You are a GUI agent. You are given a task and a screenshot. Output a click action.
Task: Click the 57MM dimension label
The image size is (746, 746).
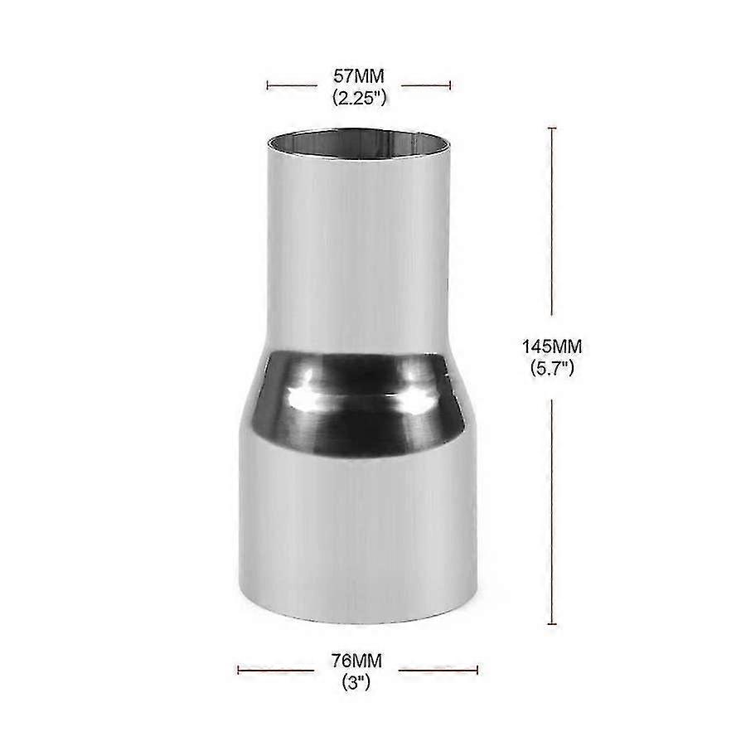click(359, 77)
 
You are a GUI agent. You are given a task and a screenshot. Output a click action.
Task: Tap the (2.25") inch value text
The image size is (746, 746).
click(359, 97)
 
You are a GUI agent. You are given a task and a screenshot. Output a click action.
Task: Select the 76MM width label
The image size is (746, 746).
click(358, 661)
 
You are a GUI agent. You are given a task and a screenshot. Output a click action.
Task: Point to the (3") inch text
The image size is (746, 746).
click(358, 682)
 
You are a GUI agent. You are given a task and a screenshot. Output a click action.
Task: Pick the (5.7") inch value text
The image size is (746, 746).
click(552, 365)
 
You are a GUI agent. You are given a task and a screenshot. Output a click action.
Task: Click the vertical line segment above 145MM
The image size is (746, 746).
click(552, 224)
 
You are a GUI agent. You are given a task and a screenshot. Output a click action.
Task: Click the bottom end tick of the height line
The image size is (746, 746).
click(552, 623)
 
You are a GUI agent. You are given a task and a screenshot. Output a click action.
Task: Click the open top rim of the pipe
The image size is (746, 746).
click(359, 143)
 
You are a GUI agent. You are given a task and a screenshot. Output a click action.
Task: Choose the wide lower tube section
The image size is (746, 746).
click(358, 530)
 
